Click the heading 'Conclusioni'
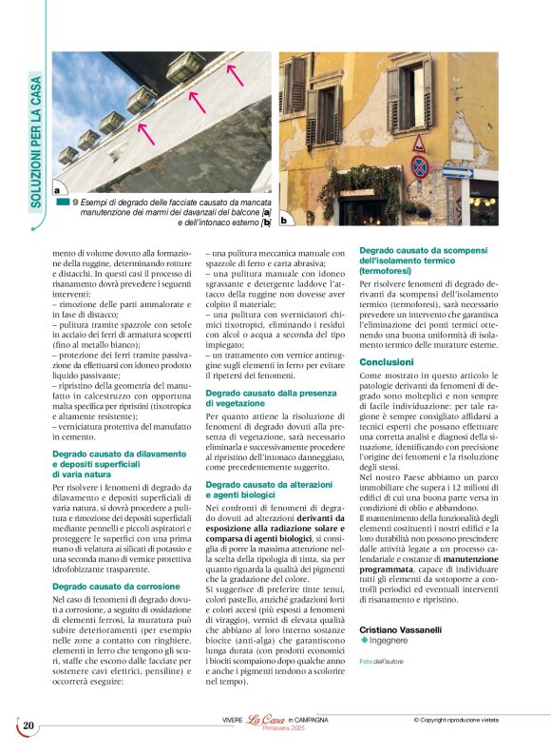[x=386, y=362]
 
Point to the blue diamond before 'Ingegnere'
[x=364, y=641]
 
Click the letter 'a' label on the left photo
[x=58, y=189]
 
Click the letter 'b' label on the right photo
[x=283, y=221]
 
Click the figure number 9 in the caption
[x=75, y=202]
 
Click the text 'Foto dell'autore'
[x=378, y=661]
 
